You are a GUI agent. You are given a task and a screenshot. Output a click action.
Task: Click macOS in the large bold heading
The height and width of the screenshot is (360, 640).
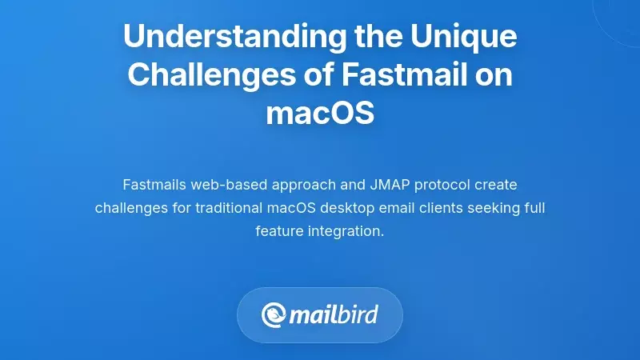(320, 112)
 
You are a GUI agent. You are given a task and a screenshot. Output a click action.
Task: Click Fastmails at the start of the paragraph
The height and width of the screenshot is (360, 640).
(154, 185)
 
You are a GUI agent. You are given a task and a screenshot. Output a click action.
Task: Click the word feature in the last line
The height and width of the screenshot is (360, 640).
(279, 231)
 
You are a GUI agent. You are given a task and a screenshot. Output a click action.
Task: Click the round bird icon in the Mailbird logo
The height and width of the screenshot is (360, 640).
(273, 314)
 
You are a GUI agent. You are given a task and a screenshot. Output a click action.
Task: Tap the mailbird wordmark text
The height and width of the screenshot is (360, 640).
(334, 314)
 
